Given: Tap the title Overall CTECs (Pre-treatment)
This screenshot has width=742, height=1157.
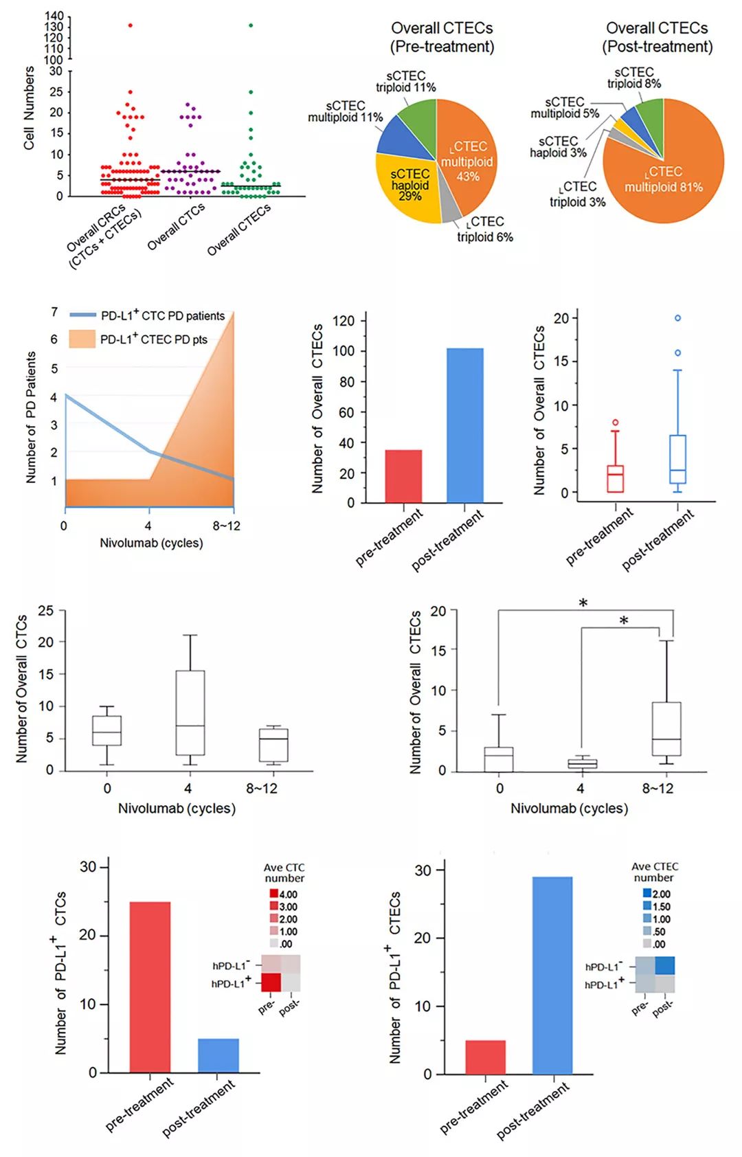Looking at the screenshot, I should (x=442, y=37).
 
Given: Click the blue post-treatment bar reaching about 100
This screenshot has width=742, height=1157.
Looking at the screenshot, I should (x=464, y=426).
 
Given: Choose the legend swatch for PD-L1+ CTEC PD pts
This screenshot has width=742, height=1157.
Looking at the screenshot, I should (x=82, y=339).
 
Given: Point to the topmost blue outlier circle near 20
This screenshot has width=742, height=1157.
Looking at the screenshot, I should (x=677, y=318).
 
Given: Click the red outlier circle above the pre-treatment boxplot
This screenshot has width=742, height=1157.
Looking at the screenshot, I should (x=615, y=423).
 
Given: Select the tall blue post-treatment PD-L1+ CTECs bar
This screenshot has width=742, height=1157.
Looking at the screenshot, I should (x=552, y=976).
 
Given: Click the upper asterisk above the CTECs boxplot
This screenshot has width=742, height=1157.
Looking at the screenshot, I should (x=583, y=603).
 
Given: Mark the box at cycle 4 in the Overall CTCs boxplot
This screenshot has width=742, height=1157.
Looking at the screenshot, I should (x=190, y=712).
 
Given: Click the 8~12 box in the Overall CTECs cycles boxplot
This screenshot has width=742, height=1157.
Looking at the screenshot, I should (x=666, y=729).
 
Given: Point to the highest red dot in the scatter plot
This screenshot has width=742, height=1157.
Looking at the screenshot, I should (x=130, y=25).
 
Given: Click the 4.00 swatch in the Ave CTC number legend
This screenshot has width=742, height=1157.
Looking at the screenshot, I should (x=273, y=894).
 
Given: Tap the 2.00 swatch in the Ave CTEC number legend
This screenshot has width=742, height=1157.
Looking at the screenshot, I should (x=647, y=893).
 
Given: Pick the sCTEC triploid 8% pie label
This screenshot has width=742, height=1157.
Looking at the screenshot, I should (x=634, y=78).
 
